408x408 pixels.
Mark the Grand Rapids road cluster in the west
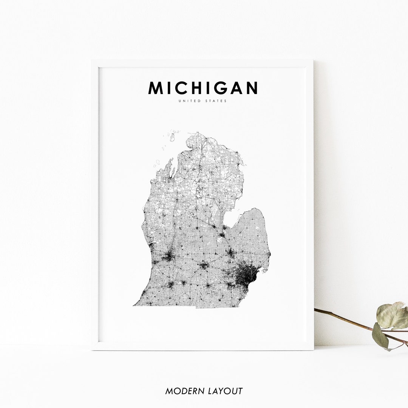169,256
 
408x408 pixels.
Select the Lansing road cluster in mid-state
204,265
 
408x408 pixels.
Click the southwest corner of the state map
134,305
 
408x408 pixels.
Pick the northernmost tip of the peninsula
198,133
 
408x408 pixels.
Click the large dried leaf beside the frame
392,315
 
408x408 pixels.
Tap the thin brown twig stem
344,319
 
